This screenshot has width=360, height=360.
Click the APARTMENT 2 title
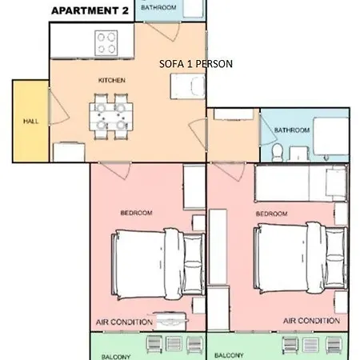pos(90,10)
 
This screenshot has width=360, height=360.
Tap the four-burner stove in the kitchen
pos(106,43)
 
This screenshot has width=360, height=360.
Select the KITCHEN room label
pos(112,80)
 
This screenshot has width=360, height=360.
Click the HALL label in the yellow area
pos(31,122)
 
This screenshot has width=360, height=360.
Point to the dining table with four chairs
pos(111,117)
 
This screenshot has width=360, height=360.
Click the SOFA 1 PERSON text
pos(196,64)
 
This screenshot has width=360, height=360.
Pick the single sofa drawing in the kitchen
pos(188,86)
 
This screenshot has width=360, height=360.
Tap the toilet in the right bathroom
pos(278,153)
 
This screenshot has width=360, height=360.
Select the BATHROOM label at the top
pos(158,7)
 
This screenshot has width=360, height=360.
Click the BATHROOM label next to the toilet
pos(292,130)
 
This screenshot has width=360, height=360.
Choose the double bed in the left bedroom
pos(158,264)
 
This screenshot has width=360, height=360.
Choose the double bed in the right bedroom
pos(301,258)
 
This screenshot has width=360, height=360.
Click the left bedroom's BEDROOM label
pos(137,213)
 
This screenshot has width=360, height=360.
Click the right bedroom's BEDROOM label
pos(272,214)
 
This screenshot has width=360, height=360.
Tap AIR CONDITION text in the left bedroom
pos(124,322)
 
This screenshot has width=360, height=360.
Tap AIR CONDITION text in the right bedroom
pos(311,321)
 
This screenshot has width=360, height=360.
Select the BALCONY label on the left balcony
pos(116,357)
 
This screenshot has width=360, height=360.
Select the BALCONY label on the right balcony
pos(229,355)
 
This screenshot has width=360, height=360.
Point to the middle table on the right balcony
pos(310,345)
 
